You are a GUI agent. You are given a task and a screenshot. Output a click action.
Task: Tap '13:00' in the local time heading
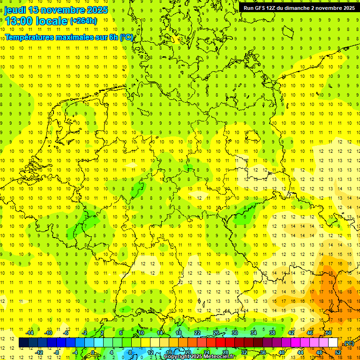click(19, 21)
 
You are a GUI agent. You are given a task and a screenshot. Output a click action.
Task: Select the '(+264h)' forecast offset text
click(83, 21)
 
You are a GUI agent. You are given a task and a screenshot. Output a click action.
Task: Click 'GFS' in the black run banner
click(261, 8)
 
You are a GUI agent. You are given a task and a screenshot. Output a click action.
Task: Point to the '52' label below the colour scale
click(338, 352)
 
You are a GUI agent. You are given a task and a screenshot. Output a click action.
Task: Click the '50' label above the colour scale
click(329, 333)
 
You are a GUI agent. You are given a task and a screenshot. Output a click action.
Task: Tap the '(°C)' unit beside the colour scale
click(348, 343)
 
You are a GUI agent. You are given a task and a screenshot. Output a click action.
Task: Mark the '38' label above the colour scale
click(272, 333)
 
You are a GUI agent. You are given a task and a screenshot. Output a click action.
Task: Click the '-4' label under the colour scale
click(75, 352)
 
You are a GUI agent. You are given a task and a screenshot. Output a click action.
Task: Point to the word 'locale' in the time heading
click(51, 21)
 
